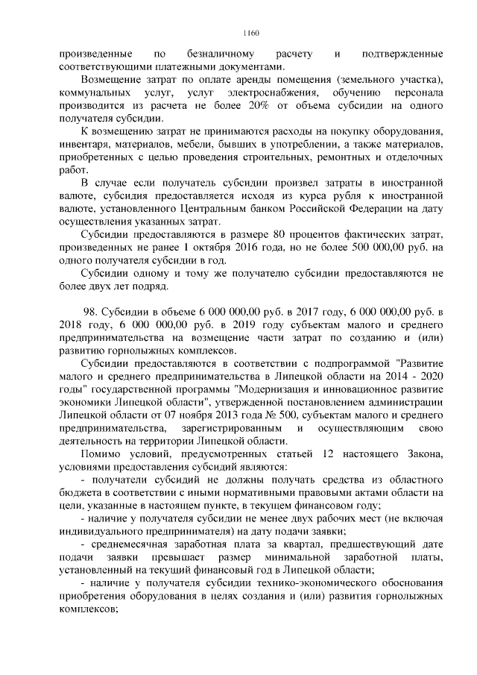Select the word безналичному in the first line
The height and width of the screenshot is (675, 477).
[x=223, y=54]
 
